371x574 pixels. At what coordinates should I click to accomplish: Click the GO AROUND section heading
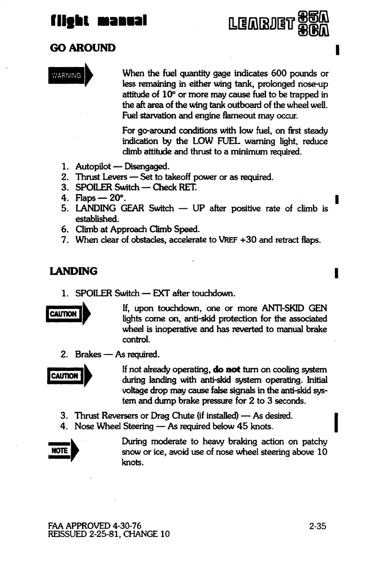82,48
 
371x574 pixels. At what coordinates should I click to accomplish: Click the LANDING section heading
74,271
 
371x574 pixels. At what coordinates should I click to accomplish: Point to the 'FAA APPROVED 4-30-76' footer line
94,526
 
